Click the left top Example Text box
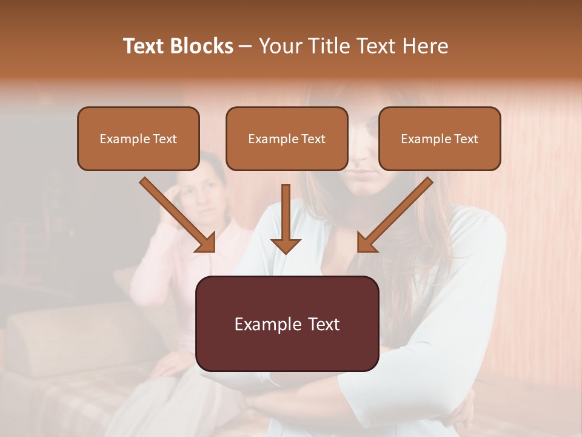[x=138, y=139]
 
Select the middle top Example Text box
[x=287, y=139]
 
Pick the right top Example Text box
[x=440, y=139]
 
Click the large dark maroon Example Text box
[x=287, y=324]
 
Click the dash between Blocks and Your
[x=246, y=47]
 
